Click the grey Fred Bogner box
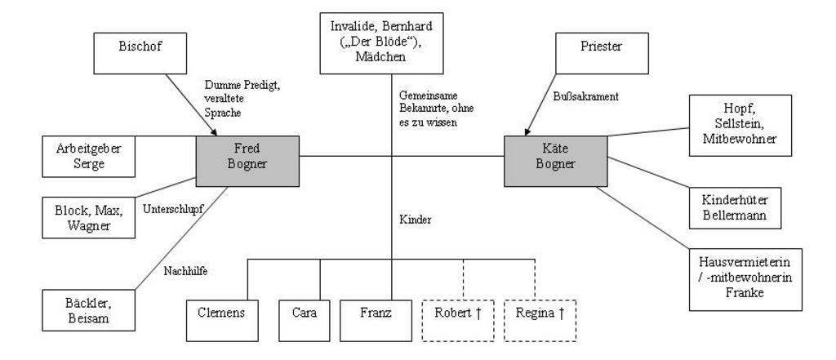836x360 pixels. coord(247,161)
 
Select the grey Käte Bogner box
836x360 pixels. coord(555,161)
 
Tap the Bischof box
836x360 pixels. coord(140,53)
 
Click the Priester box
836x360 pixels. coord(602,53)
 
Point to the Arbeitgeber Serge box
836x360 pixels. coord(88,156)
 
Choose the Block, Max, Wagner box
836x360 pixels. coord(88,218)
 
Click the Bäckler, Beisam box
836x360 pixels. coord(88,310)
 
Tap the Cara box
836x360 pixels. coord(304,321)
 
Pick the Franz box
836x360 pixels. coord(376,321)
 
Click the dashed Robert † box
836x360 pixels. coord(458,321)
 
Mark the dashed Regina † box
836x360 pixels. coord(540,321)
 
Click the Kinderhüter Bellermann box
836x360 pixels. coord(736,208)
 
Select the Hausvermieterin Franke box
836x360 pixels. coord(745,279)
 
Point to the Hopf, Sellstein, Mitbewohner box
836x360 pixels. coord(740,126)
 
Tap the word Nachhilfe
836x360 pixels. coord(185,272)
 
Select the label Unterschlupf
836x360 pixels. coord(173,210)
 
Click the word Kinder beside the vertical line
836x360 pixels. coord(416,220)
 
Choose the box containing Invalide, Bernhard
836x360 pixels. coord(382,43)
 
